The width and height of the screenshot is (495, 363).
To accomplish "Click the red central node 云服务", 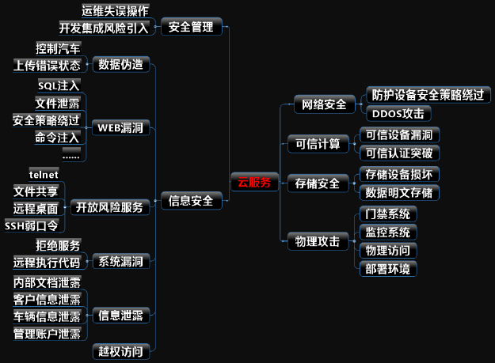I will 254,182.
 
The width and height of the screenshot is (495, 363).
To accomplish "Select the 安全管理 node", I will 191,27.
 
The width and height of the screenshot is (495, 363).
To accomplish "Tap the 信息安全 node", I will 191,200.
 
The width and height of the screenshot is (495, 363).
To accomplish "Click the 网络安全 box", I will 325,104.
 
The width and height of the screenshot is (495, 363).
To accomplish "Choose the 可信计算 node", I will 318,143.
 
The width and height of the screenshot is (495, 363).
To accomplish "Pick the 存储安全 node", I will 318,183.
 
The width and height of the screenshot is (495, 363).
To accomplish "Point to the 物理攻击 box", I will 318,241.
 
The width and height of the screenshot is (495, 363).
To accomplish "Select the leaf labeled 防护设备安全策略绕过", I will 428,94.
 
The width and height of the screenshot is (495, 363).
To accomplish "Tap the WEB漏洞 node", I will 120,127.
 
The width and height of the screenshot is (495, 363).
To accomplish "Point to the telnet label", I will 44,173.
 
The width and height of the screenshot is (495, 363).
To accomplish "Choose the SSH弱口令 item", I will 30,225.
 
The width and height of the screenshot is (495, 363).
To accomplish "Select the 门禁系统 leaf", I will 387,214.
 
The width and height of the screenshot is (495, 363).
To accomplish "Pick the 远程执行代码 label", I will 47,262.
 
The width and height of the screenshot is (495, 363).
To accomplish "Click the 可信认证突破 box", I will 398,153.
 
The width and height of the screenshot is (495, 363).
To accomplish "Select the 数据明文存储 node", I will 398,192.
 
